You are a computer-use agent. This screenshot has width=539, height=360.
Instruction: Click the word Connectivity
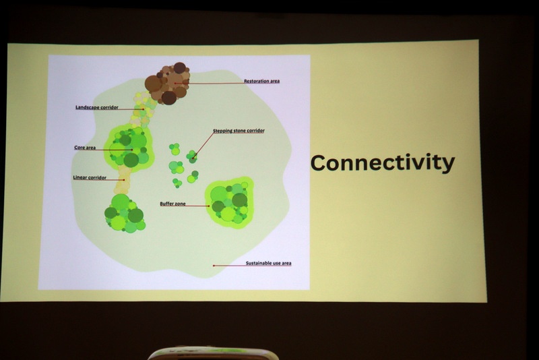pyautogui.click(x=383, y=163)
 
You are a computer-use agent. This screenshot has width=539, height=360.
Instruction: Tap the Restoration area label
pyautogui.click(x=261, y=81)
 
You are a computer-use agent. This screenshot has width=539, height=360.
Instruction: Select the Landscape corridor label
pyautogui.click(x=97, y=107)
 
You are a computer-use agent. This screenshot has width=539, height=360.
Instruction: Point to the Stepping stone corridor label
pyautogui.click(x=239, y=131)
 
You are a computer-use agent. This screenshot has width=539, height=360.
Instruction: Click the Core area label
pyautogui.click(x=85, y=148)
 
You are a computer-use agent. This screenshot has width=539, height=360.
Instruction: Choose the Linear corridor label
pyautogui.click(x=90, y=177)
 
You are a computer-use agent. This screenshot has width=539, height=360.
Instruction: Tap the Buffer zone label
pyautogui.click(x=172, y=204)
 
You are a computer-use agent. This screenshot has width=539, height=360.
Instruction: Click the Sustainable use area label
pyautogui.click(x=268, y=263)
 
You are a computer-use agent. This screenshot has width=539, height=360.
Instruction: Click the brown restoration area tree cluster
pyautogui.click(x=168, y=83)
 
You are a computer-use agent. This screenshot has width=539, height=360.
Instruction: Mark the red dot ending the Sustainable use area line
pyautogui.click(x=214, y=266)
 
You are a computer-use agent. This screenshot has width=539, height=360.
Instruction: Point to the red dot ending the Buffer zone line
pyautogui.click(x=209, y=206)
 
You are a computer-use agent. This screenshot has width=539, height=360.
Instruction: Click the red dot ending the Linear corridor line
pyautogui.click(x=124, y=180)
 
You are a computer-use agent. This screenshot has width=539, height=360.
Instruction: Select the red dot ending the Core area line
pyautogui.click(x=131, y=150)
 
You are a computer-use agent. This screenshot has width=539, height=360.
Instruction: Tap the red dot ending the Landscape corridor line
pyautogui.click(x=144, y=109)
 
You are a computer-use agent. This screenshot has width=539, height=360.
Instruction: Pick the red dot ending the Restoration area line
pyautogui.click(x=175, y=83)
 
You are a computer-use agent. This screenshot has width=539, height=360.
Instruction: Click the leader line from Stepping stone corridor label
pyautogui.click(x=203, y=146)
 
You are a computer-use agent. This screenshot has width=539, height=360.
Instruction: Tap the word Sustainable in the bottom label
pyautogui.click(x=258, y=263)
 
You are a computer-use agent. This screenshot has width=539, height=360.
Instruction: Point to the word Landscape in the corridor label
pyautogui.click(x=88, y=107)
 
